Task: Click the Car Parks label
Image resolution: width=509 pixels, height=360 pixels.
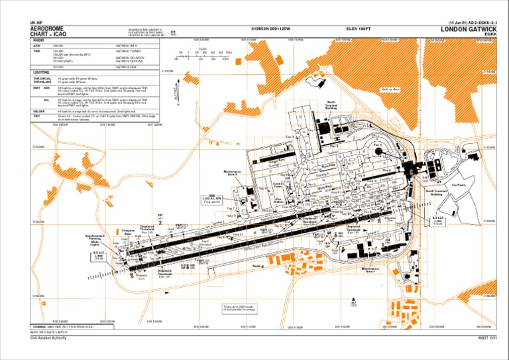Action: (x=459, y=185)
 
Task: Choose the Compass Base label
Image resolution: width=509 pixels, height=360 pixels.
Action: (x=128, y=233)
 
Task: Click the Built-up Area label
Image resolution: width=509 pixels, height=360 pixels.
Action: (x=390, y=89)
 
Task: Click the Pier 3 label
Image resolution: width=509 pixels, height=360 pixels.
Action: (x=377, y=145)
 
